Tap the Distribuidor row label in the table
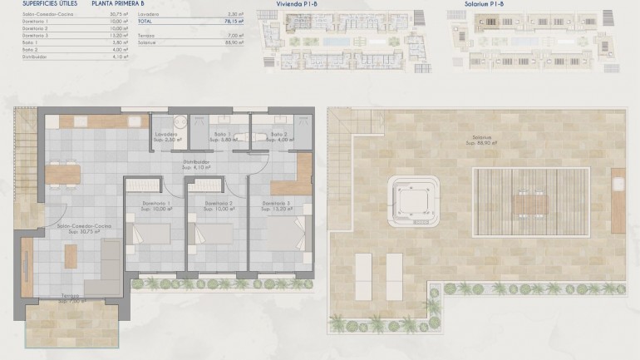(29, 57)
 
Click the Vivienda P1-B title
(298, 4)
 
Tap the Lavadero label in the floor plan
(165, 134)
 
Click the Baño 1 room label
(220, 134)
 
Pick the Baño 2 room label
(279, 134)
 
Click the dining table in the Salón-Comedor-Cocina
(64, 174)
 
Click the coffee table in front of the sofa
(71, 257)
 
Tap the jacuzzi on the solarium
(413, 200)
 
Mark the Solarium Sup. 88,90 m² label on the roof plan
(481, 139)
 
